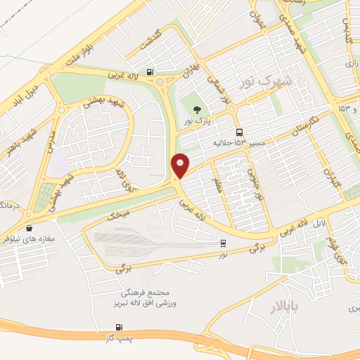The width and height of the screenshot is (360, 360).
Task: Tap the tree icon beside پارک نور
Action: coord(197,109)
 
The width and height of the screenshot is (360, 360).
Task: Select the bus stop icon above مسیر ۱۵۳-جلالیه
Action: coord(240,132)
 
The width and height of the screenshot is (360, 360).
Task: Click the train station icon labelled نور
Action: coord(223,243)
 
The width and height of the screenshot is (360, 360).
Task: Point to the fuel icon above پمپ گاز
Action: coord(118,327)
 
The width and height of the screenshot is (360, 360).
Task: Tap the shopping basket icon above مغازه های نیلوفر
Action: coord(29,228)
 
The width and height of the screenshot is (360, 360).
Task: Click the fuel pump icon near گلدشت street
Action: coord(150,72)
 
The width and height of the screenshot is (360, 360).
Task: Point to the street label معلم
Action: coord(217,184)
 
